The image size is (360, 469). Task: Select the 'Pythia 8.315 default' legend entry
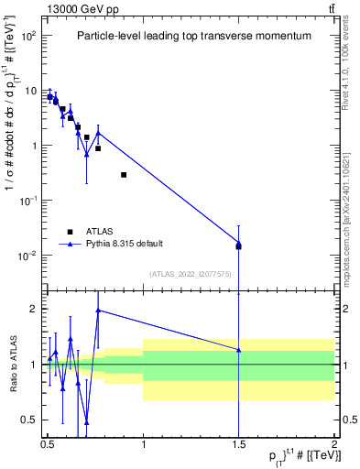(x=115, y=244)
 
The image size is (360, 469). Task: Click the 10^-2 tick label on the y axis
(x=29, y=256)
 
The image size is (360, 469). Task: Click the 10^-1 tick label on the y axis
(x=29, y=201)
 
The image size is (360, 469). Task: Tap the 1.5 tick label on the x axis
(x=238, y=442)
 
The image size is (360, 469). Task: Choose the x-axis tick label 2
(x=334, y=442)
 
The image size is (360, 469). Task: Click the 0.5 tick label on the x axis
(x=48, y=442)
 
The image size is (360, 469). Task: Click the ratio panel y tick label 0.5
(x=31, y=420)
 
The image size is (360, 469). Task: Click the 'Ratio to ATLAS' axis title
(x=12, y=365)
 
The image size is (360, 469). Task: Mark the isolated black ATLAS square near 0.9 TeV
(x=124, y=175)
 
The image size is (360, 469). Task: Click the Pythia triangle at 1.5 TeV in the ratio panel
(x=238, y=350)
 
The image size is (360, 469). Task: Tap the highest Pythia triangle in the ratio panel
(x=98, y=311)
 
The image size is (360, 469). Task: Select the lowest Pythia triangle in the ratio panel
(x=86, y=422)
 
